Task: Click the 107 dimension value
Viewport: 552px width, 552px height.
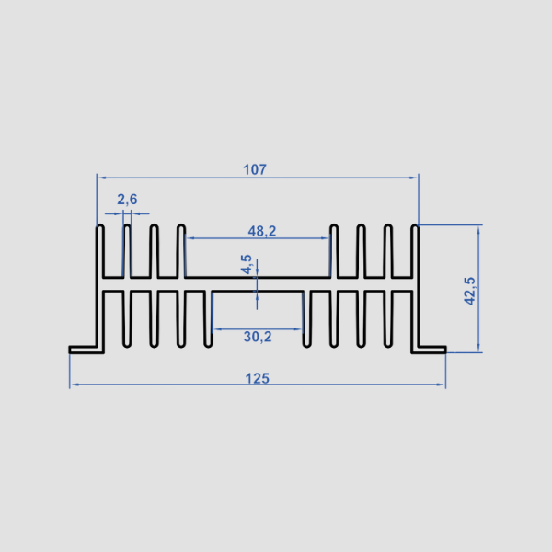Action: [x=255, y=169]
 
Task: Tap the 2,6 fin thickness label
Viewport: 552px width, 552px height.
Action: [x=127, y=200]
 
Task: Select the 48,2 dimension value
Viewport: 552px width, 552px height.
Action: [x=262, y=231]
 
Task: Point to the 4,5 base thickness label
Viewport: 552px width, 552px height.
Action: [x=247, y=264]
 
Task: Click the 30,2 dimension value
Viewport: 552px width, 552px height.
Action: [x=258, y=337]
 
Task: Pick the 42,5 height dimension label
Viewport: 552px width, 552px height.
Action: [x=469, y=291]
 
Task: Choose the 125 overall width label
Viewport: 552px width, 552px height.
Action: [x=257, y=378]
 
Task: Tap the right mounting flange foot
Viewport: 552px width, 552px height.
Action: [x=429, y=350]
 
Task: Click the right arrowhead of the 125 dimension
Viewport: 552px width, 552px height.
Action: [x=441, y=385]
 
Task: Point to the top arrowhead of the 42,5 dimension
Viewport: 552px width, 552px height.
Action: [x=478, y=229]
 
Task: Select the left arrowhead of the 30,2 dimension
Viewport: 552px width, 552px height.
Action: [x=217, y=329]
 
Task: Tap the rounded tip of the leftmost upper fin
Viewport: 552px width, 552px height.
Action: [x=100, y=226]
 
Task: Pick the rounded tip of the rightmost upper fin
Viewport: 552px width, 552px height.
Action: [x=415, y=226]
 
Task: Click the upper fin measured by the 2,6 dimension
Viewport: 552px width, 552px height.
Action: [x=127, y=251]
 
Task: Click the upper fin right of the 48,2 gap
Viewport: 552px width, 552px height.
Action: [x=334, y=251]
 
